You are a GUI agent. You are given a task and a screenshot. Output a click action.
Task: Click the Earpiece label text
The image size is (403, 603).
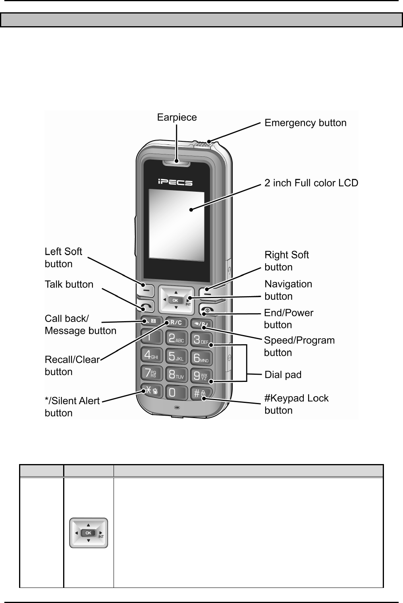pos(177,118)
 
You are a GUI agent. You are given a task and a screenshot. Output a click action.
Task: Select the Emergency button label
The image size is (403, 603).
pos(305,123)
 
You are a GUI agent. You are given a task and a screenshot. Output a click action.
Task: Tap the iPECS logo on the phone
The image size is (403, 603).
pos(175,183)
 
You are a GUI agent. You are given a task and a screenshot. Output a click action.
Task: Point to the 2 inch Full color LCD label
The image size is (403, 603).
pos(311,183)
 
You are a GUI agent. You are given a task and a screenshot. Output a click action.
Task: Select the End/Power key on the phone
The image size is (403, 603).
pos(208,309)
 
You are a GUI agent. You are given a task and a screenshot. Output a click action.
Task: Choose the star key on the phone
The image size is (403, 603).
pos(150,391)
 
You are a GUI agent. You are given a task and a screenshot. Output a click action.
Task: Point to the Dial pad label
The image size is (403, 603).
pos(283,375)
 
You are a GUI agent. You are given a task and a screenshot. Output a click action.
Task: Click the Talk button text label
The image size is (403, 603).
pos(69,285)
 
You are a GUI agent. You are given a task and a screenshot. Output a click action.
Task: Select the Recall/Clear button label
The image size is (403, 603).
pos(72,366)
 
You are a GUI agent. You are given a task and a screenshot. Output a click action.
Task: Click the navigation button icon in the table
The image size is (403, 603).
pos(89,533)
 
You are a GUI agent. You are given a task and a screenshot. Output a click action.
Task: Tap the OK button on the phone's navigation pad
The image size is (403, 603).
pos(175,301)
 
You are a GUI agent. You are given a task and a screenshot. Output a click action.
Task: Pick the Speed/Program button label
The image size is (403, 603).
pos(299,347)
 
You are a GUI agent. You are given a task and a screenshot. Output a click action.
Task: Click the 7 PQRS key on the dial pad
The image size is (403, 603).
pos(151,373)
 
